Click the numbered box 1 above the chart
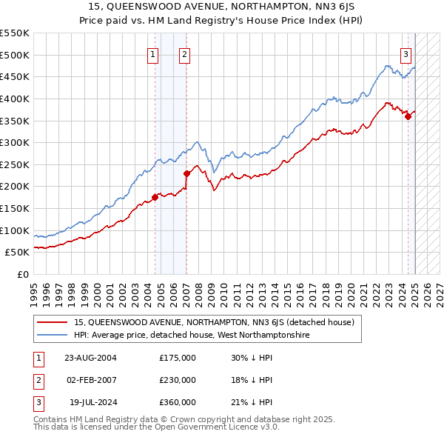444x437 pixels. (152, 53)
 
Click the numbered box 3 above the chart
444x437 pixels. (406, 53)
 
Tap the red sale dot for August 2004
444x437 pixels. (155, 197)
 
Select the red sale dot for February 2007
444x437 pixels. (186, 173)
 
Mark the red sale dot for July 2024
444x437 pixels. (408, 116)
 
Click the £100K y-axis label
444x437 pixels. (16, 230)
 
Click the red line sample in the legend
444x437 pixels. (53, 322)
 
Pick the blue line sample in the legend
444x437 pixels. (53, 335)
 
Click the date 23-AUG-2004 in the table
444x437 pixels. (90, 358)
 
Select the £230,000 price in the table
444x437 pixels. (178, 380)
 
